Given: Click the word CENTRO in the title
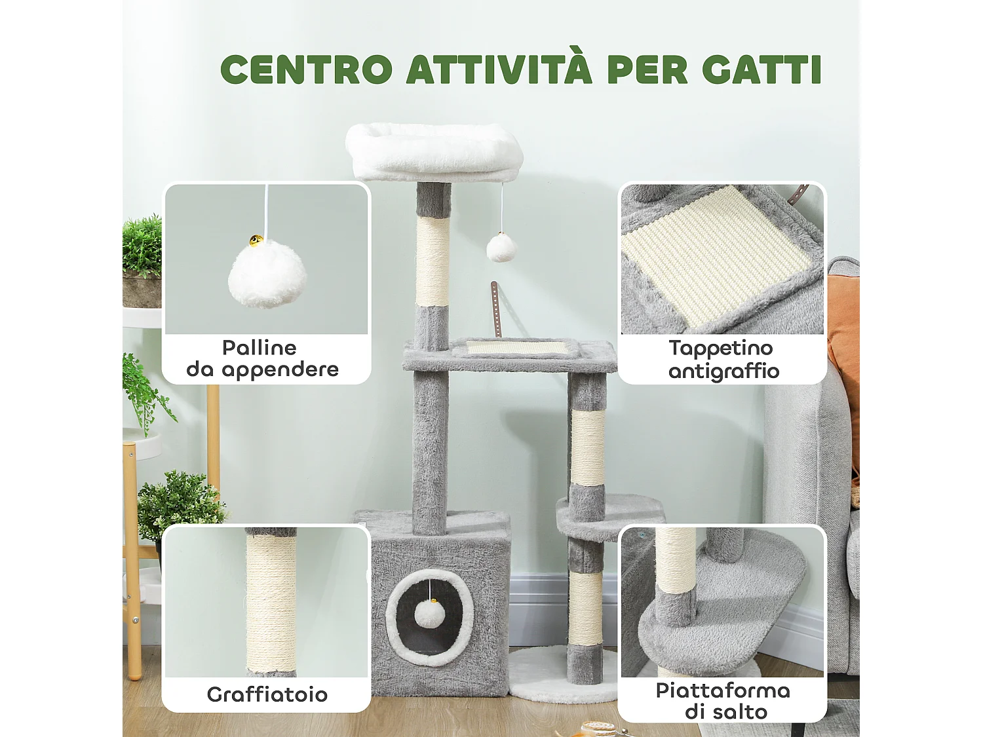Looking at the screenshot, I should (x=306, y=69).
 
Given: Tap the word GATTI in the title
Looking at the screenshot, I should (x=761, y=69).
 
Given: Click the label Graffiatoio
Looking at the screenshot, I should (x=267, y=694).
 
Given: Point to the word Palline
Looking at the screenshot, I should (x=259, y=347).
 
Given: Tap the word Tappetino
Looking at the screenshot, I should (x=721, y=348).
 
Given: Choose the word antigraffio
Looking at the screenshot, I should (x=723, y=371).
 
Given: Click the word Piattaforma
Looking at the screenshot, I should (x=723, y=690).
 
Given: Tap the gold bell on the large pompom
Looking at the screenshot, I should (x=256, y=241).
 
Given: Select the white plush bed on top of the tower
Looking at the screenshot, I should (x=434, y=151).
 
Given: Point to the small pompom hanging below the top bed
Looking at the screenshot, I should (x=501, y=248).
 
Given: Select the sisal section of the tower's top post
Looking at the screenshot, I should (x=433, y=261).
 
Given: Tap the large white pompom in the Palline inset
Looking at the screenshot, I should (x=267, y=274).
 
